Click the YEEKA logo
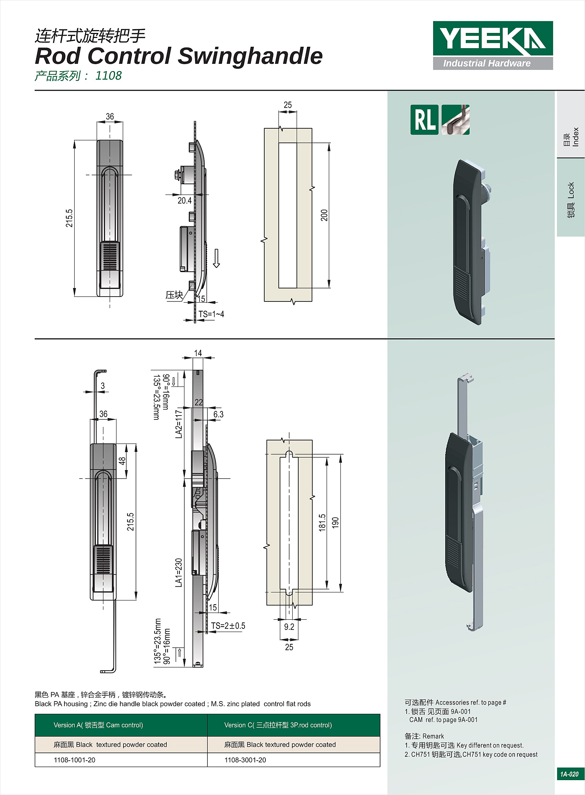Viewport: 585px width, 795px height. coord(493,45)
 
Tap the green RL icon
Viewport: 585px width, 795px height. coord(424,119)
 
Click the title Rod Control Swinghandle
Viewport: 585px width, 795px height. coord(179,56)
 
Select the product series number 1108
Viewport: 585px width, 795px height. coord(108,75)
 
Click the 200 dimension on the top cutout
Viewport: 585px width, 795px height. coord(324,215)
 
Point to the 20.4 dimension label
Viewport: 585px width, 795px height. coord(184,201)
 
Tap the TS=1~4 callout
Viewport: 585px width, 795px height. coord(211,314)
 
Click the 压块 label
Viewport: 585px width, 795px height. coord(174,295)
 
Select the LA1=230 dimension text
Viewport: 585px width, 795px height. coord(179,573)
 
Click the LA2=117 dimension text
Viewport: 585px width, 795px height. coord(179,424)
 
